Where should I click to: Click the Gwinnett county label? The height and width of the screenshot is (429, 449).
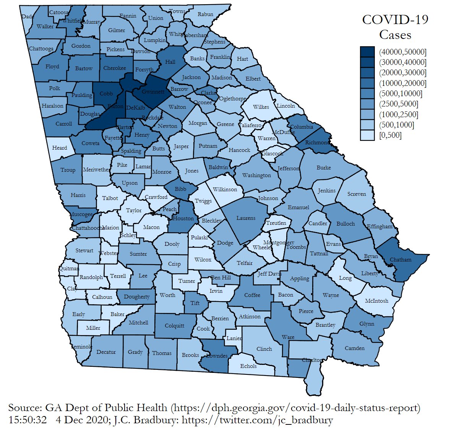(x=153, y=92)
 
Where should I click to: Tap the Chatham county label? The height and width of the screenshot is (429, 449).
(x=400, y=260)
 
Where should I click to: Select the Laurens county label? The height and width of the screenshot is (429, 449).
(x=246, y=218)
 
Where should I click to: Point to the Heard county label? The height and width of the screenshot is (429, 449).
(x=60, y=148)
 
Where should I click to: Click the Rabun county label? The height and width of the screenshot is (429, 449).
(x=205, y=14)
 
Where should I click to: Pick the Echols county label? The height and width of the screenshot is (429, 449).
(x=248, y=366)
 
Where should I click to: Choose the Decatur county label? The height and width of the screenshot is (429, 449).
(x=106, y=352)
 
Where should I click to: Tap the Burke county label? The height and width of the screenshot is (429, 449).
(x=324, y=168)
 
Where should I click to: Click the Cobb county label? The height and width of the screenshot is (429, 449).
(x=106, y=94)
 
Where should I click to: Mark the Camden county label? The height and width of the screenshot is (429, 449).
(x=355, y=348)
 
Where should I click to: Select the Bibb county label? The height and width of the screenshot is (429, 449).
(x=180, y=189)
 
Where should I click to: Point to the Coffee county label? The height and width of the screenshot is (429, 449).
(x=252, y=295)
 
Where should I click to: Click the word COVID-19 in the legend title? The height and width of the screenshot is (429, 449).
(x=395, y=19)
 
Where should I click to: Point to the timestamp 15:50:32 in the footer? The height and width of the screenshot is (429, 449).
(x=28, y=420)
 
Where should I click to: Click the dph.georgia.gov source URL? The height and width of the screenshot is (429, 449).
(x=296, y=408)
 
